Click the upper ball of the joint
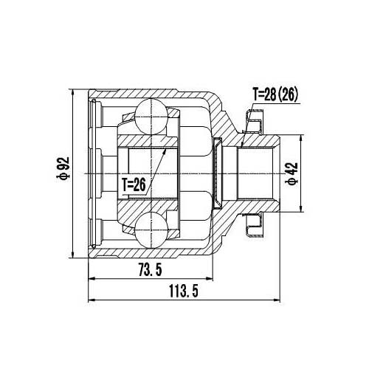154,116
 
